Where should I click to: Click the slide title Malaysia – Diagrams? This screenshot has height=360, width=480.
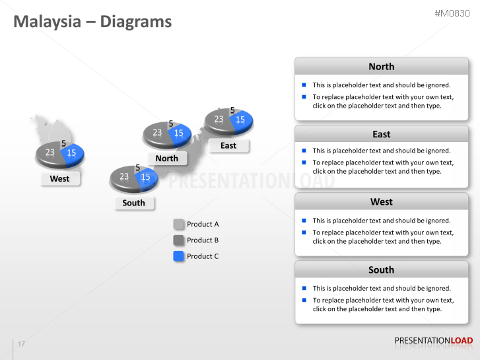pyautogui.click(x=92, y=22)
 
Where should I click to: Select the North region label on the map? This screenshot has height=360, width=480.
pyautogui.click(x=167, y=159)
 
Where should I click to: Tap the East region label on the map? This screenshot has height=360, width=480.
pyautogui.click(x=228, y=146)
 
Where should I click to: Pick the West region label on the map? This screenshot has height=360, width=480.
pyautogui.click(x=59, y=179)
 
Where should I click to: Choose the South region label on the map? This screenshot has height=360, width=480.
pyautogui.click(x=133, y=203)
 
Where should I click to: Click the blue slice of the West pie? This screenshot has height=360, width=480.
pyautogui.click(x=73, y=153)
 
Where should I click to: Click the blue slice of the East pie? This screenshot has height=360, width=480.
pyautogui.click(x=241, y=120)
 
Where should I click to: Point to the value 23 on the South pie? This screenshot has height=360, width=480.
pyautogui.click(x=124, y=176)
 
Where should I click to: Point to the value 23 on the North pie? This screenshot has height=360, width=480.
pyautogui.click(x=157, y=133)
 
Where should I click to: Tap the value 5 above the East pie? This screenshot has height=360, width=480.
pyautogui.click(x=232, y=110)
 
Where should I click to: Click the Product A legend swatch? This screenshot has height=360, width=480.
pyautogui.click(x=178, y=224)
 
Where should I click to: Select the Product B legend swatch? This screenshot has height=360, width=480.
pyautogui.click(x=178, y=240)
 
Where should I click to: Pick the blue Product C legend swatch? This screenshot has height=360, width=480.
pyautogui.click(x=178, y=256)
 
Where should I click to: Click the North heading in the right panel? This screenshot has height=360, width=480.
pyautogui.click(x=381, y=67)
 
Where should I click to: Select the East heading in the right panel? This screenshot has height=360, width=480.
pyautogui.click(x=381, y=134)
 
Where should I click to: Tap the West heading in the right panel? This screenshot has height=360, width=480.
pyautogui.click(x=381, y=202)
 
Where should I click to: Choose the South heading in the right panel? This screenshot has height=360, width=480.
pyautogui.click(x=381, y=270)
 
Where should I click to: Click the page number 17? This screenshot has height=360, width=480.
pyautogui.click(x=22, y=344)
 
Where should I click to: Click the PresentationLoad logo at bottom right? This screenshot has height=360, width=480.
pyautogui.click(x=433, y=341)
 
